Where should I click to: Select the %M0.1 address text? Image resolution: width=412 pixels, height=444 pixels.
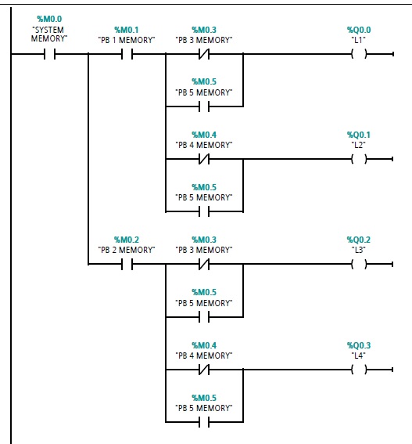click(126, 30)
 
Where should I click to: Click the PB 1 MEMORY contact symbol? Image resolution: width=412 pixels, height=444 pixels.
click(126, 55)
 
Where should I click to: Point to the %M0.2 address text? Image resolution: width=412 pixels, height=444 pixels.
click(126, 240)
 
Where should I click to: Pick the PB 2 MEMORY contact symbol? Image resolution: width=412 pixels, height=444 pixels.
click(126, 265)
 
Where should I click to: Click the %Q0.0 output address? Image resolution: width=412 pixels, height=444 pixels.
click(359, 30)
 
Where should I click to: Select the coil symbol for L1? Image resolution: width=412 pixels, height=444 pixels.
click(359, 55)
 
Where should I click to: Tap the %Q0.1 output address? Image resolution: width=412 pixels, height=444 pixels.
click(359, 135)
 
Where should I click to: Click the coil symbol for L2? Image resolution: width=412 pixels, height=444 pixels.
click(359, 160)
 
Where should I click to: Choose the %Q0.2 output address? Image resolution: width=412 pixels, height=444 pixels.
click(359, 240)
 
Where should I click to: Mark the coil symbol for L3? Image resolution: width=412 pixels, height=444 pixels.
click(359, 265)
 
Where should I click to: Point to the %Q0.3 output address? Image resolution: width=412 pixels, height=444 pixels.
click(359, 345)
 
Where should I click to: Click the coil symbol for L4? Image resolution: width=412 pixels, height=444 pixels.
click(359, 370)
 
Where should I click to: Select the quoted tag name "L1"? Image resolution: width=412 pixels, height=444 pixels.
click(359, 39)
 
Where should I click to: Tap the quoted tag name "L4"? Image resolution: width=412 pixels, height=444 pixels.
click(359, 355)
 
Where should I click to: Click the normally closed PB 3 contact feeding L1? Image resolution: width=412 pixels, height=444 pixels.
click(203, 55)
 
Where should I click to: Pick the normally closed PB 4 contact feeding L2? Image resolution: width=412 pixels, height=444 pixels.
click(203, 160)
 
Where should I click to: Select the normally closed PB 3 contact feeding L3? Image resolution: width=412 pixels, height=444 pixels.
click(203, 265)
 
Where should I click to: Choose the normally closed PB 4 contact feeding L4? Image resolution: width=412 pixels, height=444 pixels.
click(203, 370)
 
